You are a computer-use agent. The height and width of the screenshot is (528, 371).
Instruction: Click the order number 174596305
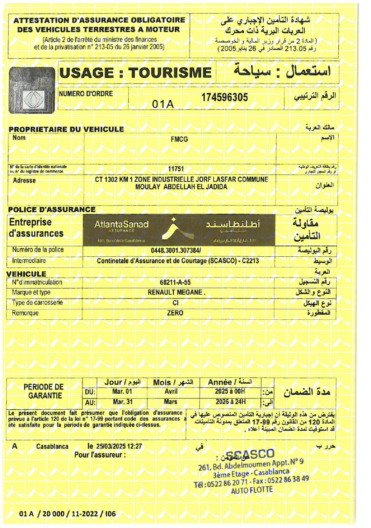coord(224,98)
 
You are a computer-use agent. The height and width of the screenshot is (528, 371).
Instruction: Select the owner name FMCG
coord(178,139)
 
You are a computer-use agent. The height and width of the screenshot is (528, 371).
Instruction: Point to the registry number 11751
coord(178,169)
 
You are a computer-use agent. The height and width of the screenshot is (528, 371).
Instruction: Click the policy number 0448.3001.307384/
coord(178,250)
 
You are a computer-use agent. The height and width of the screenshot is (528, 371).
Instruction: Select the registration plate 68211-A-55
coord(175,282)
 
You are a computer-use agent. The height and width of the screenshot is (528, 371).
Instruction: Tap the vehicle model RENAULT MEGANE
coord(176,293)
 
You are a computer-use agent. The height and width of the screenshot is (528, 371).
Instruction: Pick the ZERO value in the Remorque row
coord(175,313)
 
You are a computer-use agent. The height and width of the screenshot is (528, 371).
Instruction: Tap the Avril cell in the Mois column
coord(170,391)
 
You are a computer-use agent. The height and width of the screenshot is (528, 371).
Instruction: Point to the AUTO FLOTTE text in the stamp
coord(252,491)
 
